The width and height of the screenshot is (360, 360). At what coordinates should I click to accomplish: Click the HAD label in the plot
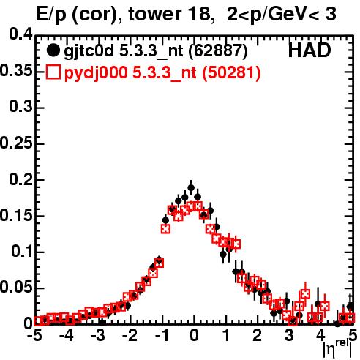(310, 50)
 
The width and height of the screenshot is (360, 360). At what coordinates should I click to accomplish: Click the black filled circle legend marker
(53, 50)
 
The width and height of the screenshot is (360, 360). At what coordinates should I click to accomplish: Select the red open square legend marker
(53, 72)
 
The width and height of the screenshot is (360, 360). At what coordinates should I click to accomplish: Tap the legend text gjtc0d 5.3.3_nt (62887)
(156, 51)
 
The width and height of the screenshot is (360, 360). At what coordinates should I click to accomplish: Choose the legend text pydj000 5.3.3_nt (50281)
(162, 72)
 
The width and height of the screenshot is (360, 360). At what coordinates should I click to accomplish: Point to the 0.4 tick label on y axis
(20, 34)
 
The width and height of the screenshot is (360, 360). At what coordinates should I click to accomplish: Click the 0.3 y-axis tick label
(20, 107)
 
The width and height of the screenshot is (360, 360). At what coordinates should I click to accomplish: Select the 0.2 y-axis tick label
(20, 179)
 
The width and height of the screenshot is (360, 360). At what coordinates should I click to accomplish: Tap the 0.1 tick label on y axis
(22, 251)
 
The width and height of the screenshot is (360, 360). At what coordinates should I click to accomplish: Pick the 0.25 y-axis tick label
(16, 143)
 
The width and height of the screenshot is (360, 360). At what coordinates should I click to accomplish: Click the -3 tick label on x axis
(98, 335)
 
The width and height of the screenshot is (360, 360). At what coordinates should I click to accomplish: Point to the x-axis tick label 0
(194, 335)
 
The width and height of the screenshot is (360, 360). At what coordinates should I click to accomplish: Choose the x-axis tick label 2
(258, 335)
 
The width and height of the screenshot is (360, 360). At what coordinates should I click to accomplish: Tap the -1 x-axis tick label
(162, 335)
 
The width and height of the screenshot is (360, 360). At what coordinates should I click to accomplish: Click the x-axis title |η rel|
(337, 349)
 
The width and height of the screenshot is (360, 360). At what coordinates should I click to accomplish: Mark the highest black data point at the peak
(191, 188)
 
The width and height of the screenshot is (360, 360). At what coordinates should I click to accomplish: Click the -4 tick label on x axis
(67, 335)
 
